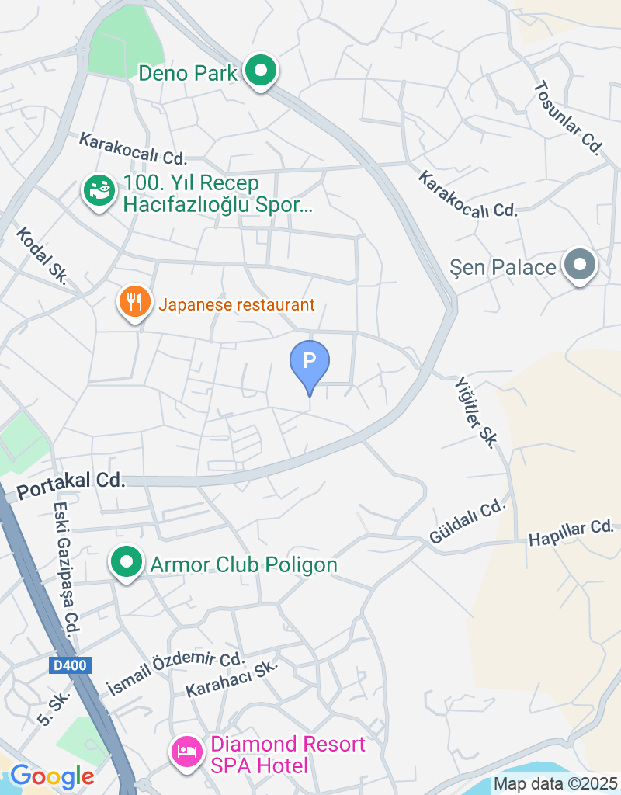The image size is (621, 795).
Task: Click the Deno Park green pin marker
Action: [x=261, y=72]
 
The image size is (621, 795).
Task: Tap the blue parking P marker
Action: [x=310, y=362]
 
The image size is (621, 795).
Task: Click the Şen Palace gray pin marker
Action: [x=579, y=266]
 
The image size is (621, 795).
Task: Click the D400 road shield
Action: [x=71, y=665]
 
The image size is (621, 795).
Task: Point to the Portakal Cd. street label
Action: [x=71, y=481]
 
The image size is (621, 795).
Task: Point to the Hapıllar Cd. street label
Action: [x=571, y=533]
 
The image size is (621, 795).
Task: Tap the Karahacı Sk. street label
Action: [x=231, y=679]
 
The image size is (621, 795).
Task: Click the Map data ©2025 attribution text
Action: [x=555, y=784]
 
